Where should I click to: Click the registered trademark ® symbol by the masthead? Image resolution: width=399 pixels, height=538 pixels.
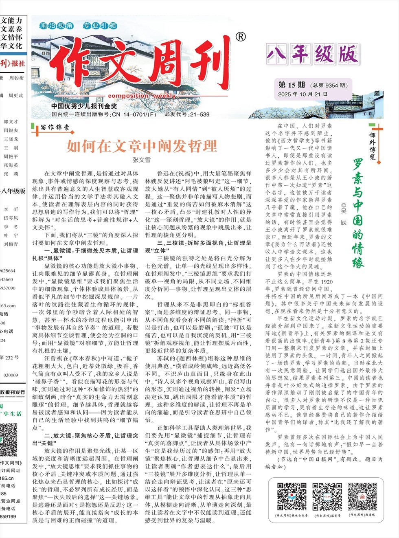[241, 37]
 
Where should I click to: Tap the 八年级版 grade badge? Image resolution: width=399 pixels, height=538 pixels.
[312, 55]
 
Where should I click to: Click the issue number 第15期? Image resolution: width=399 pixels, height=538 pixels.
[292, 85]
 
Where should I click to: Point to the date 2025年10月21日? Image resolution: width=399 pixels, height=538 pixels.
[303, 94]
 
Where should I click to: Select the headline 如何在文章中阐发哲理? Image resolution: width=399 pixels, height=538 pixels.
[142, 146]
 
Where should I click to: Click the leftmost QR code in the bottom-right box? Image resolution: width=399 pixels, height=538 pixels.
[292, 496]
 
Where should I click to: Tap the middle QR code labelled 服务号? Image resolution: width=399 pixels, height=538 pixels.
[327, 496]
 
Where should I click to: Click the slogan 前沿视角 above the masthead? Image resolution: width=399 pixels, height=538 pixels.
[57, 26]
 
